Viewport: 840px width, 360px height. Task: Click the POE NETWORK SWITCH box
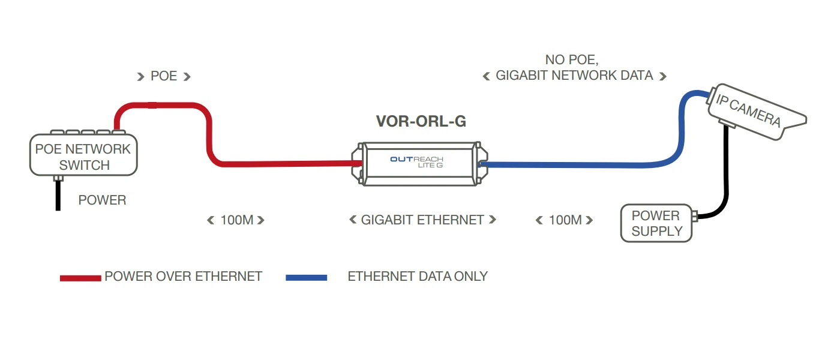tap(83, 156)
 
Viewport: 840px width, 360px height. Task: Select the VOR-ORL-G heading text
tap(421, 121)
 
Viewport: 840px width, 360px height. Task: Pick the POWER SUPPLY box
tap(657, 223)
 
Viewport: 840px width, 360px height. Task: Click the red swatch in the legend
tap(80, 278)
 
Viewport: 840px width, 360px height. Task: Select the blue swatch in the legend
tap(307, 278)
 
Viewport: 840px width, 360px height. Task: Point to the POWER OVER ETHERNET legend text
tap(183, 277)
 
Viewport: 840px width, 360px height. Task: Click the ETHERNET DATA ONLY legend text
tap(418, 277)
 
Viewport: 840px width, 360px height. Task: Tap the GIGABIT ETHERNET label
tap(422, 220)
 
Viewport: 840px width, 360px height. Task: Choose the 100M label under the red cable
tap(236, 220)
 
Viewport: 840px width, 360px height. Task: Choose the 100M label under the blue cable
tap(565, 220)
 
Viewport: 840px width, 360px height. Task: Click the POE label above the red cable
tap(164, 76)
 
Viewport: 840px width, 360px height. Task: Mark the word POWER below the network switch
tap(102, 200)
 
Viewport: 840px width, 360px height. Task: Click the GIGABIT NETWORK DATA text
tap(574, 76)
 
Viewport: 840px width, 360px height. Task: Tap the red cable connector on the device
tap(356, 162)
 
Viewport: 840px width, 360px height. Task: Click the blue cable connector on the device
tap(481, 163)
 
